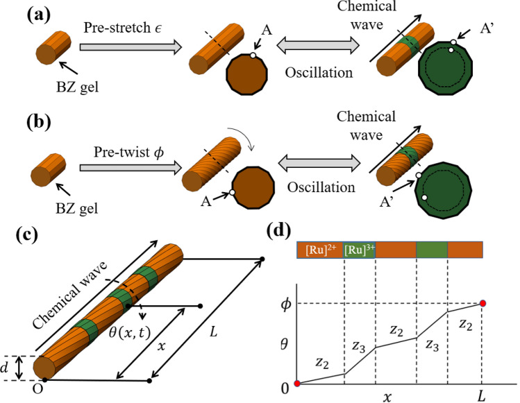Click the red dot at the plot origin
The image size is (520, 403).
click(297, 384)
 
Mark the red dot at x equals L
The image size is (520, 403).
click(483, 303)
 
